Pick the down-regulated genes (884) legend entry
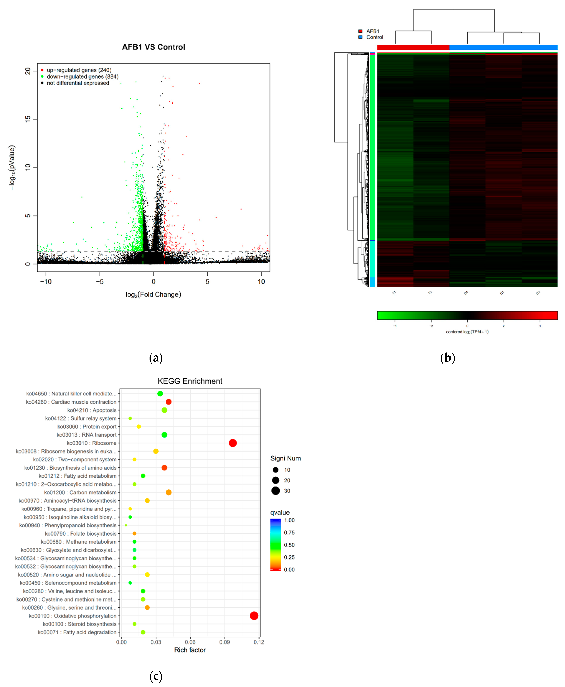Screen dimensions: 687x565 pyautogui.click(x=82, y=76)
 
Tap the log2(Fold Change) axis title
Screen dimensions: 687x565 pyautogui.click(x=153, y=294)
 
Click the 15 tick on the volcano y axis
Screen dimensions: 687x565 pyautogui.click(x=28, y=119)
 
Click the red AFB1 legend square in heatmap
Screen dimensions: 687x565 pyautogui.click(x=360, y=31)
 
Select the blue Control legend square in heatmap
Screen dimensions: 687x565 pyautogui.click(x=360, y=37)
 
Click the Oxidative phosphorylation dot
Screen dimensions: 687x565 pyautogui.click(x=254, y=616)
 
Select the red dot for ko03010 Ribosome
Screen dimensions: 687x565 pyautogui.click(x=233, y=443)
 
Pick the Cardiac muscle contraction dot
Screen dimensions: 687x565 pyautogui.click(x=169, y=402)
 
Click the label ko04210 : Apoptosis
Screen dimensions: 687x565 pyautogui.click(x=92, y=410)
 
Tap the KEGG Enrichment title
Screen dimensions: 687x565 pyautogui.click(x=190, y=381)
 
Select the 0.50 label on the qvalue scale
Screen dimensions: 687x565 pyautogui.click(x=289, y=545)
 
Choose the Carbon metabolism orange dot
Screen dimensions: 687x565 pyautogui.click(x=169, y=492)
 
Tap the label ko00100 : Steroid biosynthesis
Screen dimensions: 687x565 pyautogui.click(x=79, y=624)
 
